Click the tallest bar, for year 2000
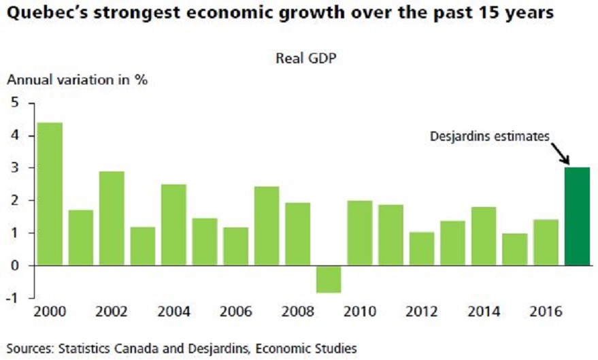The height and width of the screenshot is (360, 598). pos(50,194)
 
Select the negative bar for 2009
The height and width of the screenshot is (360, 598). pos(329,279)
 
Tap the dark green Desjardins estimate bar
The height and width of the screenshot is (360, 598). pos(577,216)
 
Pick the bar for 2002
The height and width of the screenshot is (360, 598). pos(112,218)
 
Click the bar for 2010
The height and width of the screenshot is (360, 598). pos(359,233)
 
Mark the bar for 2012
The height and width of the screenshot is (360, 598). pos(422,248)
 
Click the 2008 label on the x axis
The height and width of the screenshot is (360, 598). pos(298,312)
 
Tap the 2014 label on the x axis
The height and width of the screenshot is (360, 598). pos(484,312)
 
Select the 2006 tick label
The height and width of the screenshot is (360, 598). pos(236,312)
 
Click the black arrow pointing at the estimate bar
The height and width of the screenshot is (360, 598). pos(561,151)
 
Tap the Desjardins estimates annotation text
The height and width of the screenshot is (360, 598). pos(488,137)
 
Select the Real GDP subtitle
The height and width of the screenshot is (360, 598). pos(306,58)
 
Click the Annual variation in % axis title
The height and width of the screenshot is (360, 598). pos(77,79)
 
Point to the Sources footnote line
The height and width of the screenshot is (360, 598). pos(182,348)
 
